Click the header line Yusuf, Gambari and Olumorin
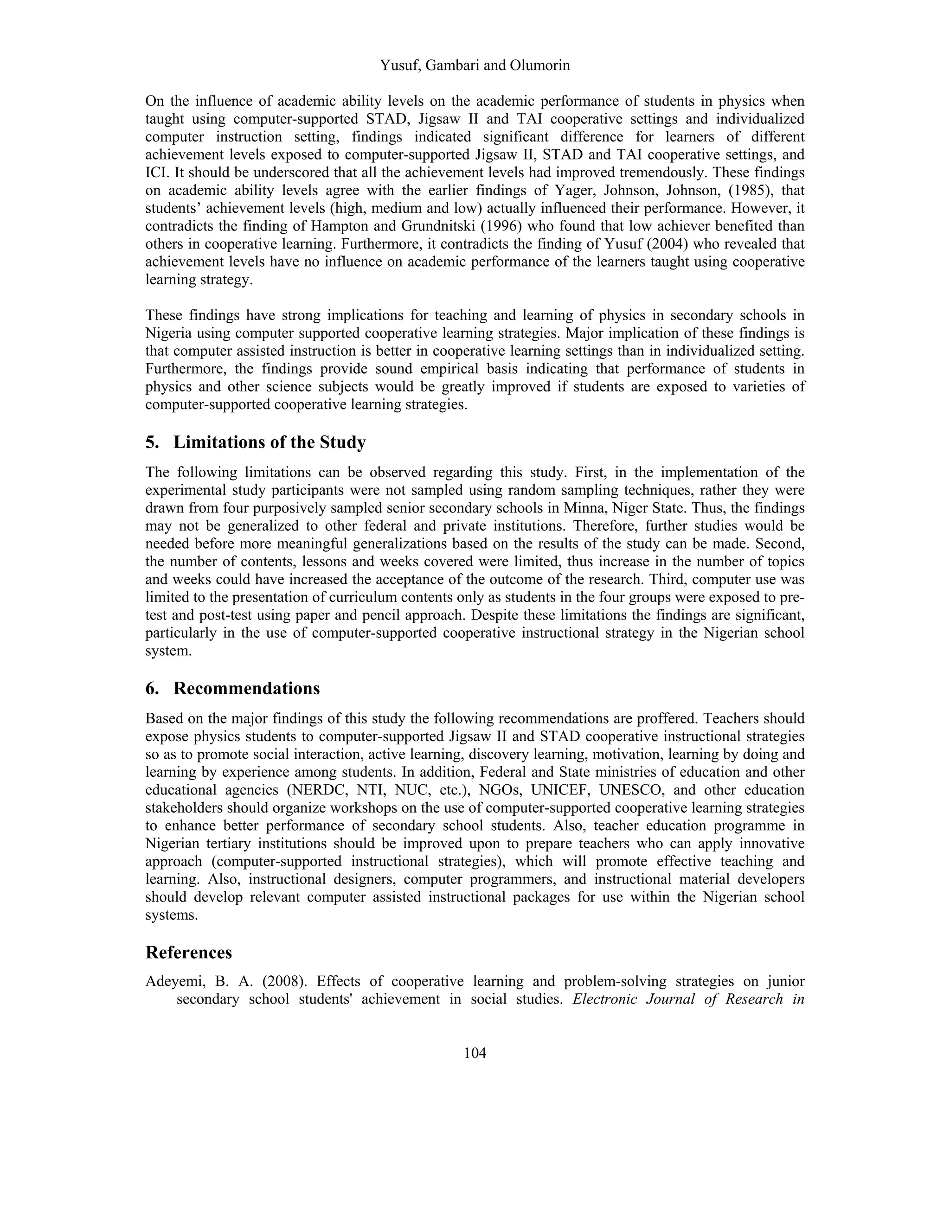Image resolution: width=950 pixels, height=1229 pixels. coord(475,65)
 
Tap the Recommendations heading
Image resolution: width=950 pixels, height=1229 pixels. coord(246,688)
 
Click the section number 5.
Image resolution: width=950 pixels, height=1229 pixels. coord(151,442)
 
